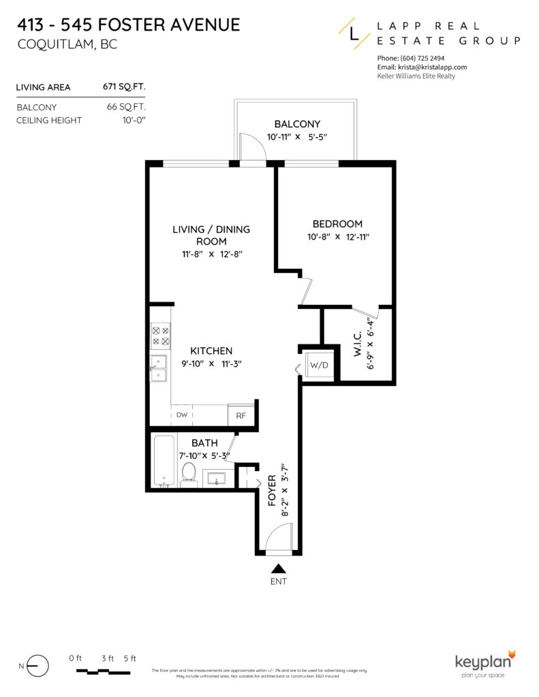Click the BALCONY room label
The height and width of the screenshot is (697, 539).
[297, 124]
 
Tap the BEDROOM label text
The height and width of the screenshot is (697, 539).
[337, 224]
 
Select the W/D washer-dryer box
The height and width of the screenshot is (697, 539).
[319, 366]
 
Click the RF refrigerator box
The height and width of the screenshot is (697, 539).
[241, 415]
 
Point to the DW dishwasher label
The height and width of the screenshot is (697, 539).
[182, 415]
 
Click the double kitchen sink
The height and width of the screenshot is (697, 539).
[159, 368]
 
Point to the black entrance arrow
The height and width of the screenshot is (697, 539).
[279, 568]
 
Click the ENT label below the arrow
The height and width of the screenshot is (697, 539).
[279, 582]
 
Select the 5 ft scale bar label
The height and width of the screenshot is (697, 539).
[129, 658]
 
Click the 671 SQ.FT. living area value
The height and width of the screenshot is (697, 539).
[124, 87]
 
